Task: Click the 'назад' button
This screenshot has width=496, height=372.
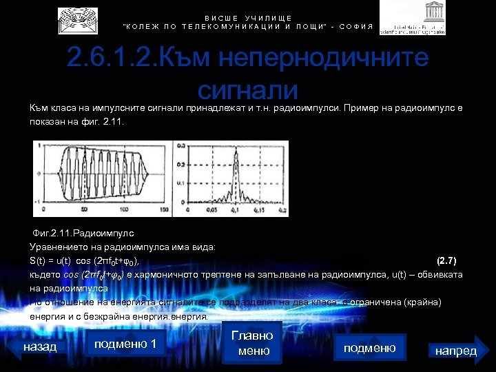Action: click(x=40, y=347)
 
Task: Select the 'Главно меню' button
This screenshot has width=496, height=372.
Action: click(x=252, y=342)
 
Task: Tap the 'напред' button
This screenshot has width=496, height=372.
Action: click(x=456, y=351)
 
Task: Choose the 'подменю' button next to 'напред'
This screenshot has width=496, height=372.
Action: click(x=369, y=348)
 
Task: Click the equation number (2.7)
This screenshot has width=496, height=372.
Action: click(x=447, y=260)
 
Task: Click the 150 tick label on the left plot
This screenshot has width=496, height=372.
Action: click(x=163, y=209)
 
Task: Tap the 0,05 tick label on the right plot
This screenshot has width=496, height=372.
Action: click(x=205, y=209)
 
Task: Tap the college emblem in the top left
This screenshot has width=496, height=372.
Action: click(x=77, y=21)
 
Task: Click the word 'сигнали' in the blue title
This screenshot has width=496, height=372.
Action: click(x=247, y=90)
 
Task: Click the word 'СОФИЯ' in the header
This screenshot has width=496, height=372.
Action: click(x=355, y=26)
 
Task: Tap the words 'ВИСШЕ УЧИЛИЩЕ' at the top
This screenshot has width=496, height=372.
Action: click(x=248, y=18)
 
